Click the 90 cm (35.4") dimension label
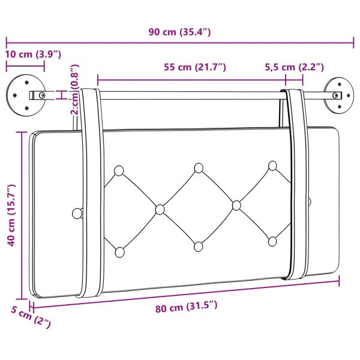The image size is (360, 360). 179,32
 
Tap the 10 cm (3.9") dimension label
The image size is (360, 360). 33,55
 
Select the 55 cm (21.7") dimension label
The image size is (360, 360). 195,67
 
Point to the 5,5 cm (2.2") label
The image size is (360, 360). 295,67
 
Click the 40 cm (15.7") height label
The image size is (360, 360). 11,215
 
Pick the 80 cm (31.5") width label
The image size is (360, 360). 186,307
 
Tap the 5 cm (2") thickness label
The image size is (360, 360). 31,317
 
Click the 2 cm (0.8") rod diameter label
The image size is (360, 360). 75,89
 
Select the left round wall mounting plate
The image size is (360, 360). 26,95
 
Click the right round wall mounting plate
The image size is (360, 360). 339,95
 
